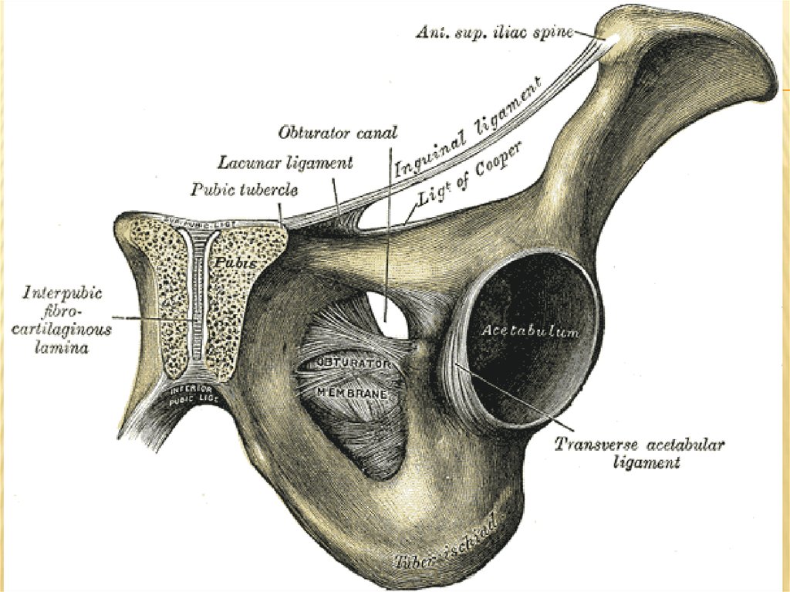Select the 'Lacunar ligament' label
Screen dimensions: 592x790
285,163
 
